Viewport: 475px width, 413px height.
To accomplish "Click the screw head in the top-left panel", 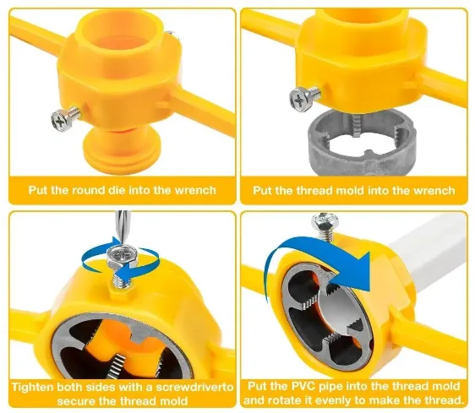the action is pyautogui.click(x=61, y=120).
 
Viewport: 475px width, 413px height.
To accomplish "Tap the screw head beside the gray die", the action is pyautogui.click(x=300, y=98).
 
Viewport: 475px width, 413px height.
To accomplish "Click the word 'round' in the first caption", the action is pyautogui.click(x=89, y=190).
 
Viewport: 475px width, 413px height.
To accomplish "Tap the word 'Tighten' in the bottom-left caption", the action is pyautogui.click(x=33, y=388).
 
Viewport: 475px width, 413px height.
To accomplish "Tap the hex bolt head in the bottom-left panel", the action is pyautogui.click(x=123, y=254).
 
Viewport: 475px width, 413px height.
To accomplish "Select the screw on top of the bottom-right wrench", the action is pyautogui.click(x=325, y=227).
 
